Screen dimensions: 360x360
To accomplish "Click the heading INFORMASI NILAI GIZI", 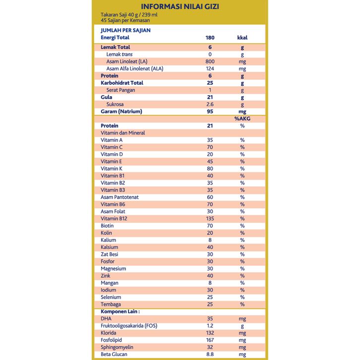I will tap(180, 6).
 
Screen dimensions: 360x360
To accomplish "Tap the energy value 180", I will tap(210, 37).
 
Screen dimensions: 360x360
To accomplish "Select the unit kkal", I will tap(242, 37).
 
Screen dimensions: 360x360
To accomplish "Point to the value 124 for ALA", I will tap(210, 68).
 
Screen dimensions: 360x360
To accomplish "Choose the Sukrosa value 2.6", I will tap(210, 105).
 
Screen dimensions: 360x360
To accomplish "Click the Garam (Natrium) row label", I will tap(121, 112).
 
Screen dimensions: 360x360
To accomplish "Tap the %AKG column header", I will tap(242, 119).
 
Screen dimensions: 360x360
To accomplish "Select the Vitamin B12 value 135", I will tap(210, 219).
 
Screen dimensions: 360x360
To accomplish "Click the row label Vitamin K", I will tap(112, 169).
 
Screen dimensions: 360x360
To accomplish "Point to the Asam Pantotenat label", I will tap(120, 197).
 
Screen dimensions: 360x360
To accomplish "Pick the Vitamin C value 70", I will tap(210, 147).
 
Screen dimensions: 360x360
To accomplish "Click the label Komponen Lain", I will tap(120, 311).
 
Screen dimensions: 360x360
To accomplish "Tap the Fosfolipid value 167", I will tap(210, 340).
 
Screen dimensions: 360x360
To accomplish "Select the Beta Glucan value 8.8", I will tap(210, 355).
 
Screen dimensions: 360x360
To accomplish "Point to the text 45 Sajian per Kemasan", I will tap(125, 20).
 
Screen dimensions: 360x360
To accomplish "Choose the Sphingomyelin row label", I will tap(117, 347).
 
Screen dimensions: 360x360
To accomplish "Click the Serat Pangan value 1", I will tap(210, 90).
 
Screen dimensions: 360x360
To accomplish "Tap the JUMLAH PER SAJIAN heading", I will tap(125, 30).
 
